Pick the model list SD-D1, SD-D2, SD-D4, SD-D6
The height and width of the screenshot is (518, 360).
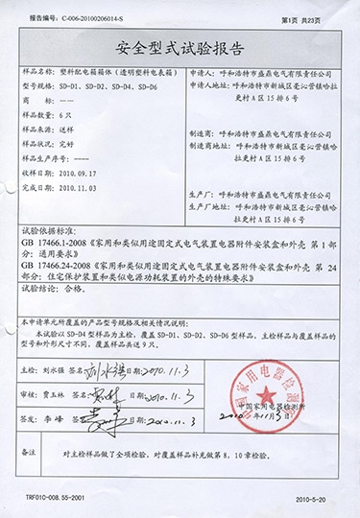(107, 84)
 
